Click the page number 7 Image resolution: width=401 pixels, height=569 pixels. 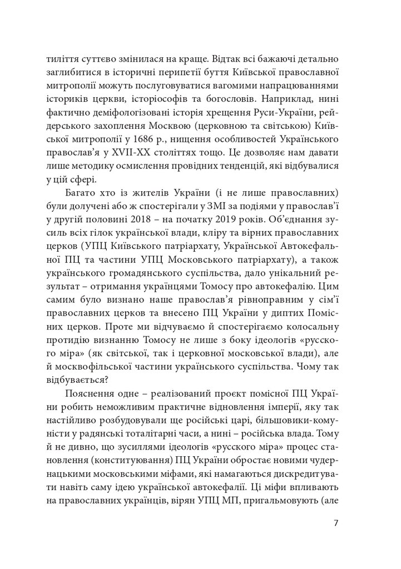336,523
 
